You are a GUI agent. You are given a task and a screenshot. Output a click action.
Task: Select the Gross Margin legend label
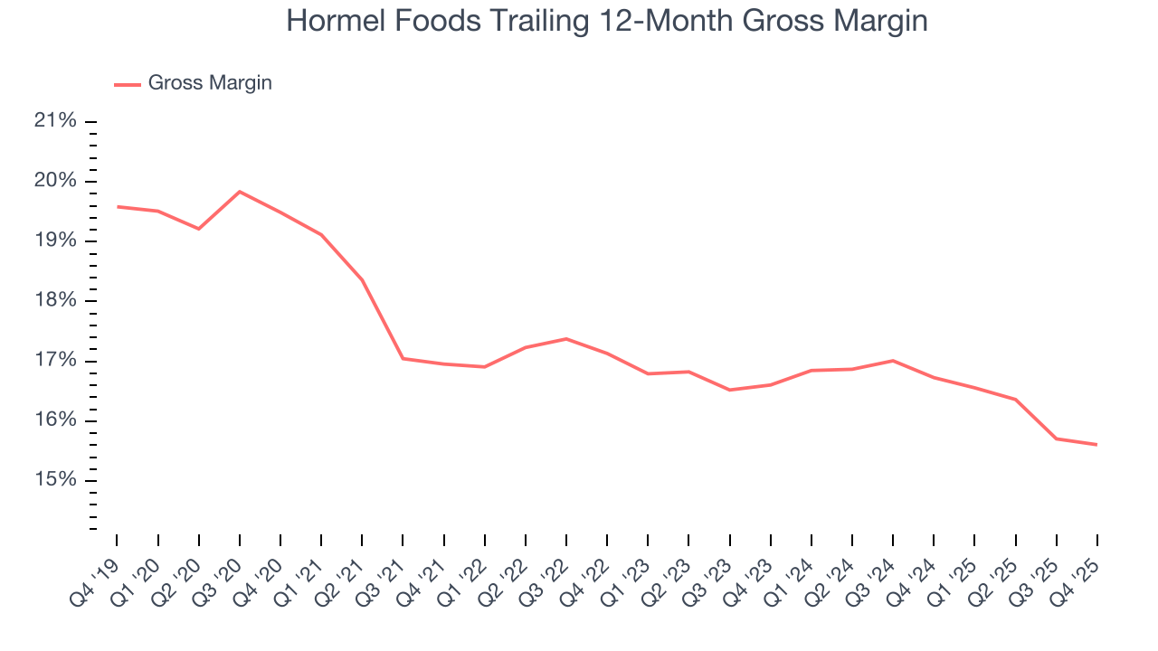[210, 83]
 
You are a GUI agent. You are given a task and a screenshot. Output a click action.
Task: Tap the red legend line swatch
[128, 84]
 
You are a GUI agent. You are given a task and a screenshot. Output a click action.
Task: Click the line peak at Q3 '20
[240, 192]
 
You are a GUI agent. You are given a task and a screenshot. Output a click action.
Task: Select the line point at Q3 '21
[403, 358]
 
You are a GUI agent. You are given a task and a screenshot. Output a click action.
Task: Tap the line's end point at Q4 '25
[1097, 445]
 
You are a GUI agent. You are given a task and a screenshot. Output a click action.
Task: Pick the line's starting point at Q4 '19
[118, 207]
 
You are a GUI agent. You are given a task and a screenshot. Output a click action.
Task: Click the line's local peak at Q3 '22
[566, 339]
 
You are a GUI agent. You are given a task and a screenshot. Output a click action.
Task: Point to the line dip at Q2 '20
[199, 229]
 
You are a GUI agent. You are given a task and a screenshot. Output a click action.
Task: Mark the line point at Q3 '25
[1056, 439]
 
